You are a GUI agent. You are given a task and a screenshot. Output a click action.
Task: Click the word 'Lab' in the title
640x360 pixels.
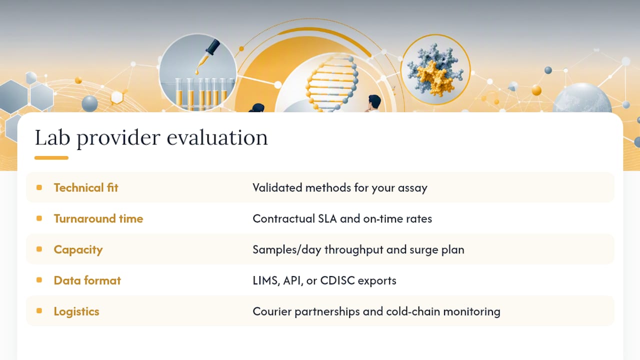point(52,137)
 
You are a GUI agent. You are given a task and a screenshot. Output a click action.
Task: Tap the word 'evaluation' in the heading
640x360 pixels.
point(217,137)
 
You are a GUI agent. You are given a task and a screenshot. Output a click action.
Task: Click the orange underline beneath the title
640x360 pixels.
point(51,157)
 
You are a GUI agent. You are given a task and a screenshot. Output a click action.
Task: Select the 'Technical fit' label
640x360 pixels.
point(86,187)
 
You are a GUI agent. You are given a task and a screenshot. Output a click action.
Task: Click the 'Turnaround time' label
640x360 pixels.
point(98,218)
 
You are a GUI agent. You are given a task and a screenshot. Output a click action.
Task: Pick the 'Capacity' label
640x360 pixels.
point(78,249)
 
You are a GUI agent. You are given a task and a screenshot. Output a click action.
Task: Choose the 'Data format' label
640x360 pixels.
point(87,280)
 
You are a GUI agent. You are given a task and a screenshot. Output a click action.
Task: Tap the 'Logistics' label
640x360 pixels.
point(76,311)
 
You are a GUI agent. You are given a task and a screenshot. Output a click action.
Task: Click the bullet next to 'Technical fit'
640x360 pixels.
point(39,187)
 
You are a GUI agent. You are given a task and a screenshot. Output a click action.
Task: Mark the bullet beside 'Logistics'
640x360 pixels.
point(39,311)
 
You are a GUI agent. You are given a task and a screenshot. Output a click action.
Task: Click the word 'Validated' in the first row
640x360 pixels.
point(277,187)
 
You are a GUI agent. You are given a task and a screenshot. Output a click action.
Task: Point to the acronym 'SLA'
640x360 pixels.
point(327,218)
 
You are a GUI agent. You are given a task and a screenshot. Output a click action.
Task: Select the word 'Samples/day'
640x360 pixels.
point(287,249)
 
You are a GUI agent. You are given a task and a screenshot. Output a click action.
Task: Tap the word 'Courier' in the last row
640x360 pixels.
point(272,311)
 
